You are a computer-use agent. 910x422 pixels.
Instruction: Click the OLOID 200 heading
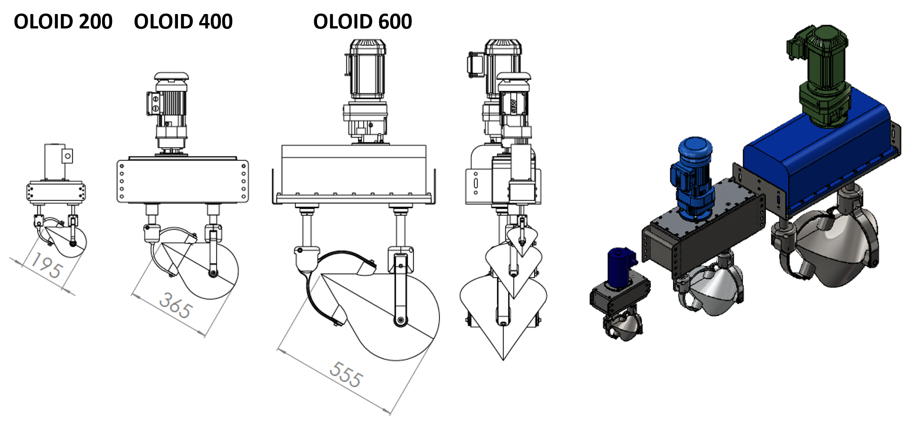[63, 22]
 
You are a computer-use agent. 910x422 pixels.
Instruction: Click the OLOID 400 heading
[183, 22]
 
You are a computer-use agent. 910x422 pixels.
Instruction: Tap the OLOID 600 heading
[362, 22]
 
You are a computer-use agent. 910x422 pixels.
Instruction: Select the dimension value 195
[47, 265]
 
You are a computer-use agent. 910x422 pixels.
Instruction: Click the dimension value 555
[345, 375]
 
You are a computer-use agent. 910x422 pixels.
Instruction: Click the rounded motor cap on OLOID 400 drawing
[171, 76]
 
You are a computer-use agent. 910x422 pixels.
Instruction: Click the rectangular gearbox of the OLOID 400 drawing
[182, 181]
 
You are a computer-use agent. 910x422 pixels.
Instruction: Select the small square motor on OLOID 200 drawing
[56, 162]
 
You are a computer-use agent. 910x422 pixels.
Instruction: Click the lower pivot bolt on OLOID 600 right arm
[400, 321]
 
